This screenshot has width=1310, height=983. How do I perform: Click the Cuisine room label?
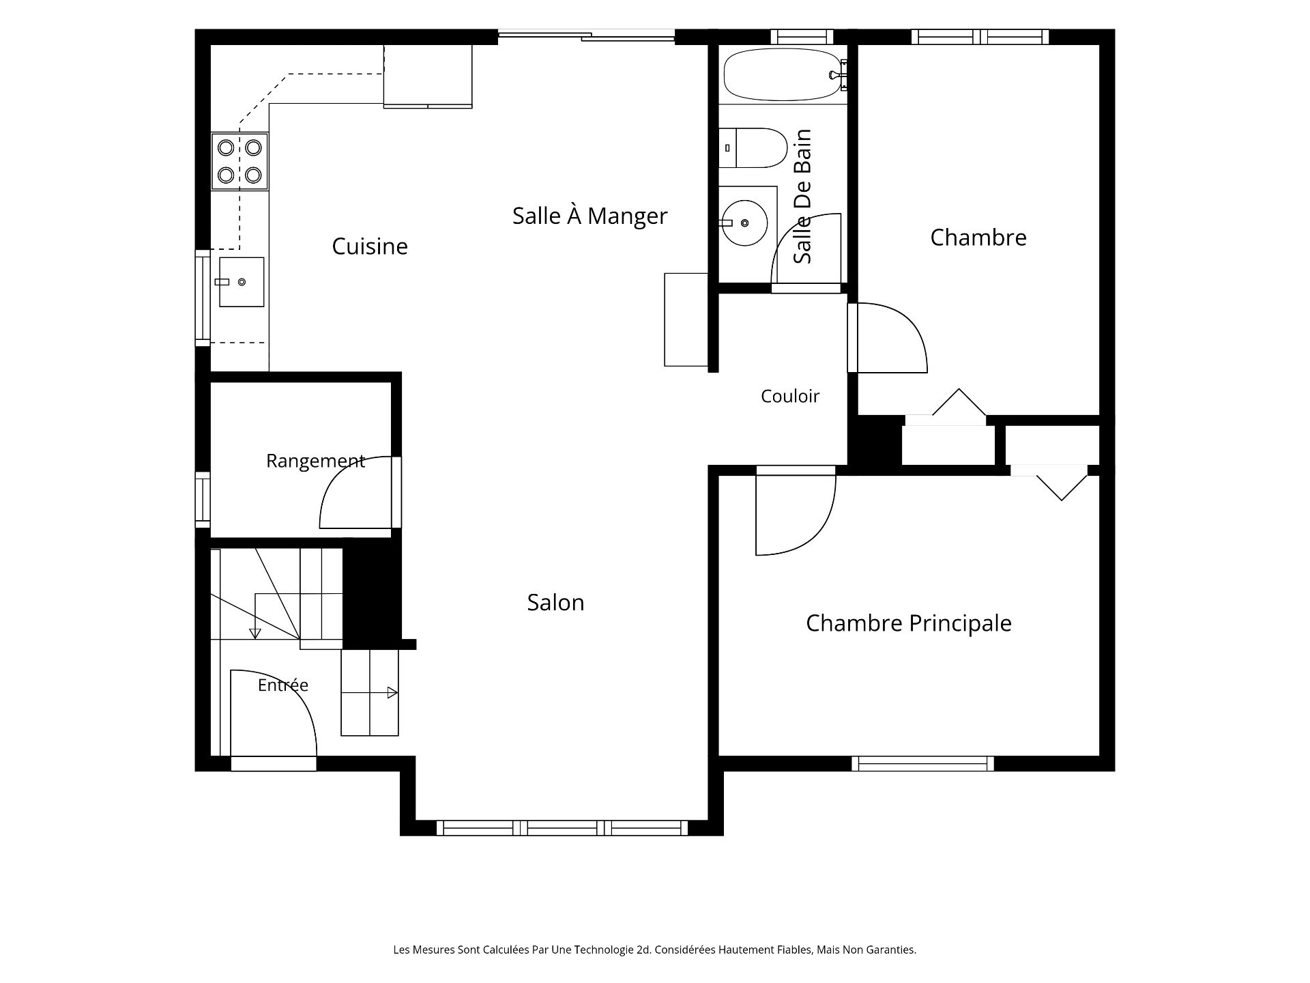(370, 246)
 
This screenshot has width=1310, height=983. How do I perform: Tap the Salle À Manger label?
(589, 215)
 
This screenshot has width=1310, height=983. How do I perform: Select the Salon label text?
(555, 602)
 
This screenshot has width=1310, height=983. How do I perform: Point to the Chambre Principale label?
(908, 623)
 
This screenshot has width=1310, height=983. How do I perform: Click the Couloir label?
(790, 396)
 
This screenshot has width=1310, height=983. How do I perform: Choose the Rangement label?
(315, 461)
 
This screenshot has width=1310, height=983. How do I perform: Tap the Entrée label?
(283, 685)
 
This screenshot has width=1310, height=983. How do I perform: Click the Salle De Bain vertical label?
(802, 197)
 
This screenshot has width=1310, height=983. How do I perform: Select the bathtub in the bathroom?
(783, 74)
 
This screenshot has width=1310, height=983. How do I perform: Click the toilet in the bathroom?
(753, 147)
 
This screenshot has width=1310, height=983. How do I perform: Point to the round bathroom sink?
(744, 223)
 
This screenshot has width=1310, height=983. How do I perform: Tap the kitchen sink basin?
(242, 282)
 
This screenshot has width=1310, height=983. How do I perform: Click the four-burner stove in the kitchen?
(239, 161)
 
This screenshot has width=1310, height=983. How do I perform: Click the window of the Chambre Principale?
(922, 764)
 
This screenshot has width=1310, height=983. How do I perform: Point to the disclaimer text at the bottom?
(655, 950)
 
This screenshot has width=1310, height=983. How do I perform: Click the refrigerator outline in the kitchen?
(428, 76)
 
